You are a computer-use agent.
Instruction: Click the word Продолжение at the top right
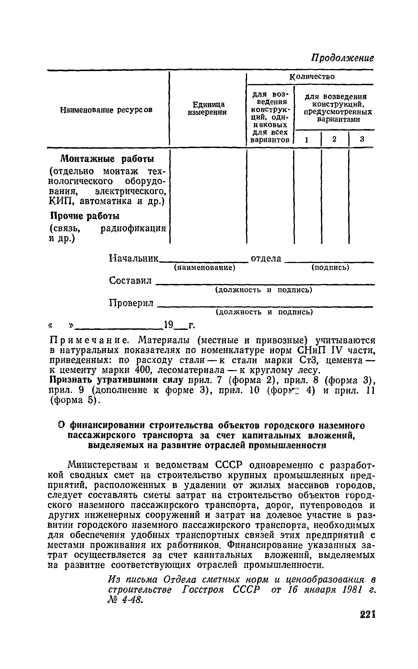click(343, 58)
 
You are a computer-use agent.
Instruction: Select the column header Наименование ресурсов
click(106, 110)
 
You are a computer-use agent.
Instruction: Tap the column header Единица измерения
click(208, 108)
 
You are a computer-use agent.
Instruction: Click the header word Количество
click(312, 76)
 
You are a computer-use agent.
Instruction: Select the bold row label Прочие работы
click(85, 216)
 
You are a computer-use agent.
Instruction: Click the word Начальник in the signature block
click(134, 258)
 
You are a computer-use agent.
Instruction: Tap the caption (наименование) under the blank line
click(204, 268)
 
